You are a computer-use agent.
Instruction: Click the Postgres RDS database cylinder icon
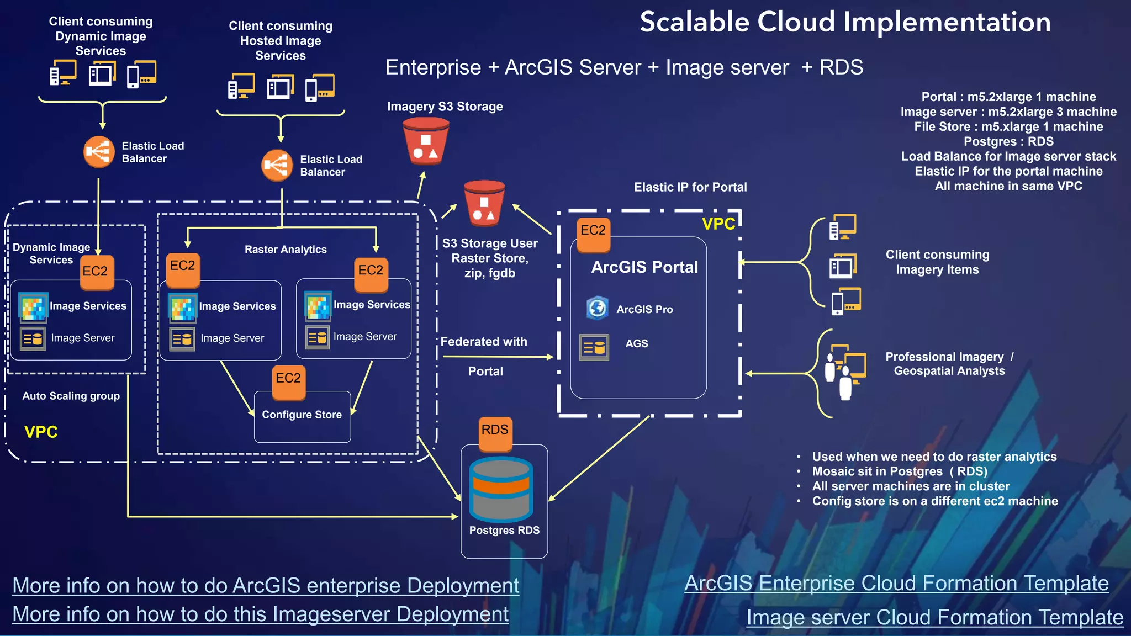click(x=501, y=489)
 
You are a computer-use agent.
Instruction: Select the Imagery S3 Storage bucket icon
click(x=425, y=141)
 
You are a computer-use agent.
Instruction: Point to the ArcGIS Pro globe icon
click(x=598, y=308)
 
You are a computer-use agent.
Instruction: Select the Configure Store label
click(x=302, y=415)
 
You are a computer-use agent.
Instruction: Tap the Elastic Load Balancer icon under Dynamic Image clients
click(x=99, y=152)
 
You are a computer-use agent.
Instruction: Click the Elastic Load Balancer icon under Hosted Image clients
click(x=277, y=165)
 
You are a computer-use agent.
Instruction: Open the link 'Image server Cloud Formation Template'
click(x=934, y=617)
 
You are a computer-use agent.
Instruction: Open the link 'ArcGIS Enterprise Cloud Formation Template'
click(x=896, y=584)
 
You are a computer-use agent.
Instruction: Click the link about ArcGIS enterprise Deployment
click(x=266, y=586)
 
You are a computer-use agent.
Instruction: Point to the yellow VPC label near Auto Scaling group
click(x=41, y=432)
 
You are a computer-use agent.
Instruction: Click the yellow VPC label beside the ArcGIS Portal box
click(x=718, y=224)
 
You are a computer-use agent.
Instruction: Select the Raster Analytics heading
click(x=286, y=250)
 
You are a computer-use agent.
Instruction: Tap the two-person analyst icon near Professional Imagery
click(x=843, y=372)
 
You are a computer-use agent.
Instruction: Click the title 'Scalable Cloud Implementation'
click(x=845, y=23)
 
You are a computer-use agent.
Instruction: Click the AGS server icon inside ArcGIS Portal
click(x=594, y=347)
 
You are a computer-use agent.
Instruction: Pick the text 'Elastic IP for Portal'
click(x=690, y=187)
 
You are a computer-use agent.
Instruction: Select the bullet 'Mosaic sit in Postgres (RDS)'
click(x=899, y=471)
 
